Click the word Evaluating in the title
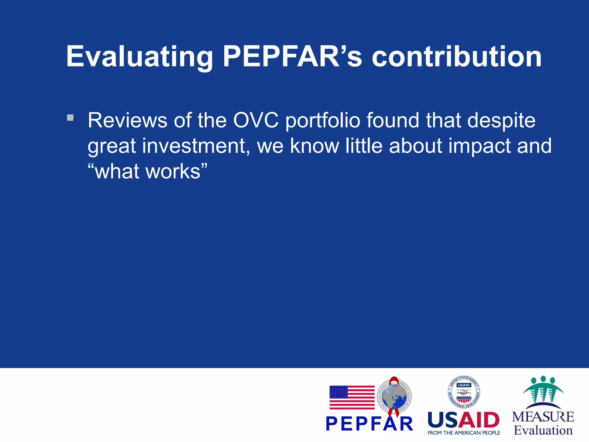tap(139, 57)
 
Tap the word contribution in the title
tap(456, 57)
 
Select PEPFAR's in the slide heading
tap(292, 57)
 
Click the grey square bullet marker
tap(70, 118)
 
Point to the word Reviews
tap(127, 120)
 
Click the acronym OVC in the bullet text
tap(256, 120)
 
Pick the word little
tap(364, 146)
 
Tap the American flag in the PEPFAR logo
tap(352, 397)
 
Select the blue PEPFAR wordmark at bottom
tap(370, 424)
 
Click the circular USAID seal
tap(464, 392)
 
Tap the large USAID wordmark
tap(464, 420)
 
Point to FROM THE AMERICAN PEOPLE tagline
tap(464, 433)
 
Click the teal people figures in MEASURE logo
tap(543, 390)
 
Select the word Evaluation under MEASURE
tap(543, 430)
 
